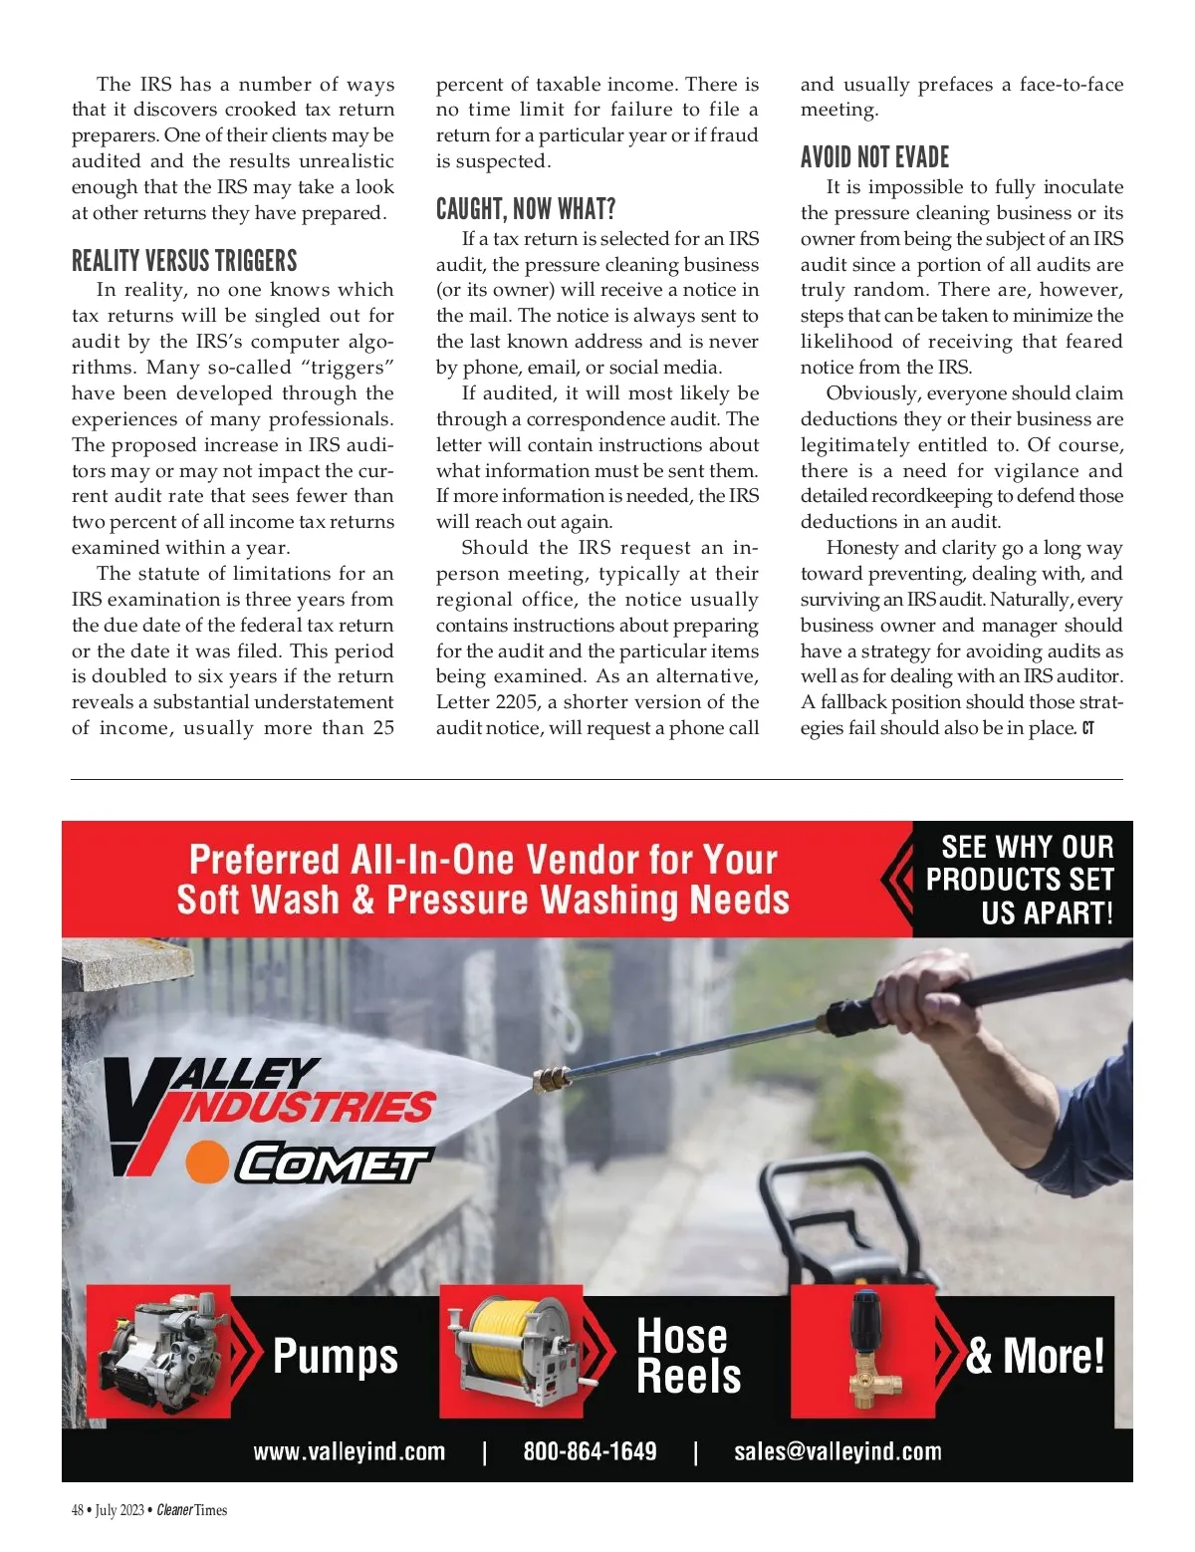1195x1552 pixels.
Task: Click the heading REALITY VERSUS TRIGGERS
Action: [184, 261]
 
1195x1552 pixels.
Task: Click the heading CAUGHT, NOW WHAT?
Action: [526, 209]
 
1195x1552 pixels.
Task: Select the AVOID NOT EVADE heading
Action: [874, 157]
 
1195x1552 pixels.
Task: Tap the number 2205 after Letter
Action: [515, 702]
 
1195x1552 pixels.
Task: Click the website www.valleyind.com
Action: [349, 1451]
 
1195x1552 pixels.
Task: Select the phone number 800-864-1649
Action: [590, 1451]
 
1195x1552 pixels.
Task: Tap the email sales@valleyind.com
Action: [837, 1451]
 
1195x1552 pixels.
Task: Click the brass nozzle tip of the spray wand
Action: [551, 1078]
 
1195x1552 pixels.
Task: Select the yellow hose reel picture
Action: [519, 1351]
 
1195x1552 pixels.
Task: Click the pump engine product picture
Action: [159, 1351]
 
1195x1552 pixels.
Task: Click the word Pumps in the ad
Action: [335, 1356]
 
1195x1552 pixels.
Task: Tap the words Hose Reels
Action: [688, 1356]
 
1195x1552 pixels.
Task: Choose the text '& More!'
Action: [1035, 1356]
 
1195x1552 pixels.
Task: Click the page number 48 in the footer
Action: [78, 1510]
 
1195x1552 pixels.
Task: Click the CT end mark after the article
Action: [1087, 728]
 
